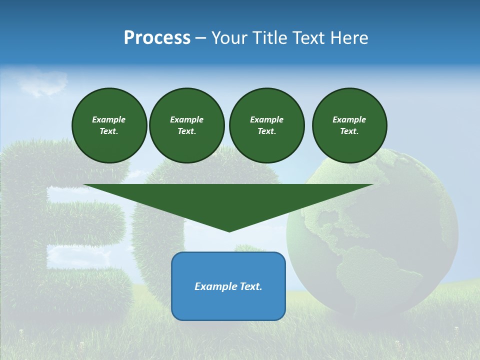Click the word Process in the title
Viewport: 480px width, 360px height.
pos(157,38)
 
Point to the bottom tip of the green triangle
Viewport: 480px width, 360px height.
pos(229,231)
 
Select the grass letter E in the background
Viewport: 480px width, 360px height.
pos(60,225)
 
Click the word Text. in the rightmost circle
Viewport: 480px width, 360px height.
pos(349,131)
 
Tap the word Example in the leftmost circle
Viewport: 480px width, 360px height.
pos(109,119)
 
